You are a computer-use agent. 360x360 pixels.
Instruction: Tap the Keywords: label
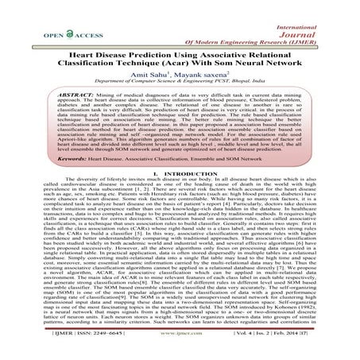coord(45,170)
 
